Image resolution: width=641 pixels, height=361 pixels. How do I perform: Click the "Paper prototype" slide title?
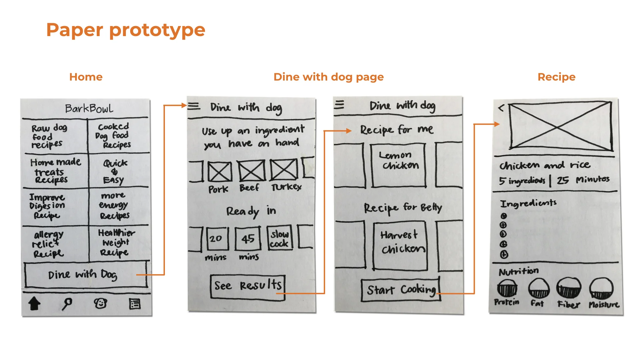pyautogui.click(x=126, y=30)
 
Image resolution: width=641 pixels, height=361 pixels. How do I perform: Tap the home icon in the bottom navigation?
pyautogui.click(x=34, y=304)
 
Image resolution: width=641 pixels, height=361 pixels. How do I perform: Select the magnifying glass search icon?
pyautogui.click(x=67, y=304)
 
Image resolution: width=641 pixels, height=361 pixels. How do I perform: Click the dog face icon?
pyautogui.click(x=100, y=304)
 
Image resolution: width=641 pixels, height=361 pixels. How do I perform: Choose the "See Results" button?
pyautogui.click(x=248, y=286)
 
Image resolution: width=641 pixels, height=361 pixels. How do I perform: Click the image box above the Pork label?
pyautogui.click(x=220, y=171)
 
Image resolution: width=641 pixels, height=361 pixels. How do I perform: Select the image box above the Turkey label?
pyautogui.click(x=284, y=169)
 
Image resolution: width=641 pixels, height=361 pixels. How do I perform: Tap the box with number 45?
pyautogui.click(x=248, y=239)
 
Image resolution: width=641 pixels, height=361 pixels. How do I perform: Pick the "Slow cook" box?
pyautogui.click(x=280, y=239)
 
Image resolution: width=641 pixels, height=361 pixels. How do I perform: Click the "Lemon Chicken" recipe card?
pyautogui.click(x=398, y=165)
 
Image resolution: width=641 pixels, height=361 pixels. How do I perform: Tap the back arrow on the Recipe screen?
pyautogui.click(x=501, y=108)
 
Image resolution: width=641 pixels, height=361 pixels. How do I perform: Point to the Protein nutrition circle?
pyautogui.click(x=507, y=288)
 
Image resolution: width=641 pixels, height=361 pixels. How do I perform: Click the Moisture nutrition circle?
pyautogui.click(x=601, y=288)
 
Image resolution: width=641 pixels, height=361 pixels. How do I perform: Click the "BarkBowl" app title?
pyautogui.click(x=89, y=108)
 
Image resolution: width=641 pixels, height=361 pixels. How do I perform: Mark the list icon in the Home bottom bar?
pyautogui.click(x=135, y=304)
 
